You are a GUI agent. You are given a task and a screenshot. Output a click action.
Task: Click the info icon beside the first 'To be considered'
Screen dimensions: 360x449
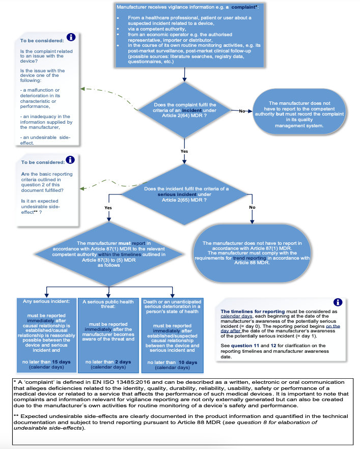(x=71, y=37)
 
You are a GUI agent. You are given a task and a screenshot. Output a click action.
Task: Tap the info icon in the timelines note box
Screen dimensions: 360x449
(x=338, y=302)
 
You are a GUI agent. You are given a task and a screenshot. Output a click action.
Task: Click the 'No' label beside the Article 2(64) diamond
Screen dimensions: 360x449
(x=242, y=111)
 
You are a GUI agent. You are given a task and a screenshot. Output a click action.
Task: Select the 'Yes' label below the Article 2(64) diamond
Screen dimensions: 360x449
(x=184, y=151)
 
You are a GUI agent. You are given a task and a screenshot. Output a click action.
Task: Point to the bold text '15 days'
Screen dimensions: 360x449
(x=61, y=362)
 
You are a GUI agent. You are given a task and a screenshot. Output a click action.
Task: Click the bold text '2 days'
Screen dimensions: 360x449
(x=123, y=362)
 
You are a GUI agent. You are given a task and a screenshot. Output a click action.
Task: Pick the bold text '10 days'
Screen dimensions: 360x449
(x=188, y=362)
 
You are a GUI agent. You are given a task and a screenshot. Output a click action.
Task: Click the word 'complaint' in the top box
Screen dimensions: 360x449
(x=243, y=7)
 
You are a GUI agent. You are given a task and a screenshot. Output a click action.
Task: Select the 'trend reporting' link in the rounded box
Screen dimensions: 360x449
(x=250, y=258)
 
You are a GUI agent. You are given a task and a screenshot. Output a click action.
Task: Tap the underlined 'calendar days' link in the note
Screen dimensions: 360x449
(x=237, y=316)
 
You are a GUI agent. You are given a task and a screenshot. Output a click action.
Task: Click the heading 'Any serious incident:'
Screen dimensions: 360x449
(x=46, y=301)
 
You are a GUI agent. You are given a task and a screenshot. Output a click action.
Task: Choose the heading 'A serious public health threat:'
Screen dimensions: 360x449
(x=108, y=304)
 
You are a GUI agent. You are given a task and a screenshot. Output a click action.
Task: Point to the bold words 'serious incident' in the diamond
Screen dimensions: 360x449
(x=177, y=194)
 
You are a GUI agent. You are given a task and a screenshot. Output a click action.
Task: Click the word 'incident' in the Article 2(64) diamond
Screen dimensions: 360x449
(x=192, y=110)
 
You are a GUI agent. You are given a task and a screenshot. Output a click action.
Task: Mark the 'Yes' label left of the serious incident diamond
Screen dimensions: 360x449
(x=108, y=208)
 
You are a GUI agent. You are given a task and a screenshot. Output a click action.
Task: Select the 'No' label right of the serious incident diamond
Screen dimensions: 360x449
(x=252, y=207)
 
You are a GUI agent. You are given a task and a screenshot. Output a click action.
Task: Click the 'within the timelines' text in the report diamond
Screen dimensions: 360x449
(x=120, y=255)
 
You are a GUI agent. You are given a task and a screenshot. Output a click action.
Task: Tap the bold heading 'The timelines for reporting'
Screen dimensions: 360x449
(x=253, y=311)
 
